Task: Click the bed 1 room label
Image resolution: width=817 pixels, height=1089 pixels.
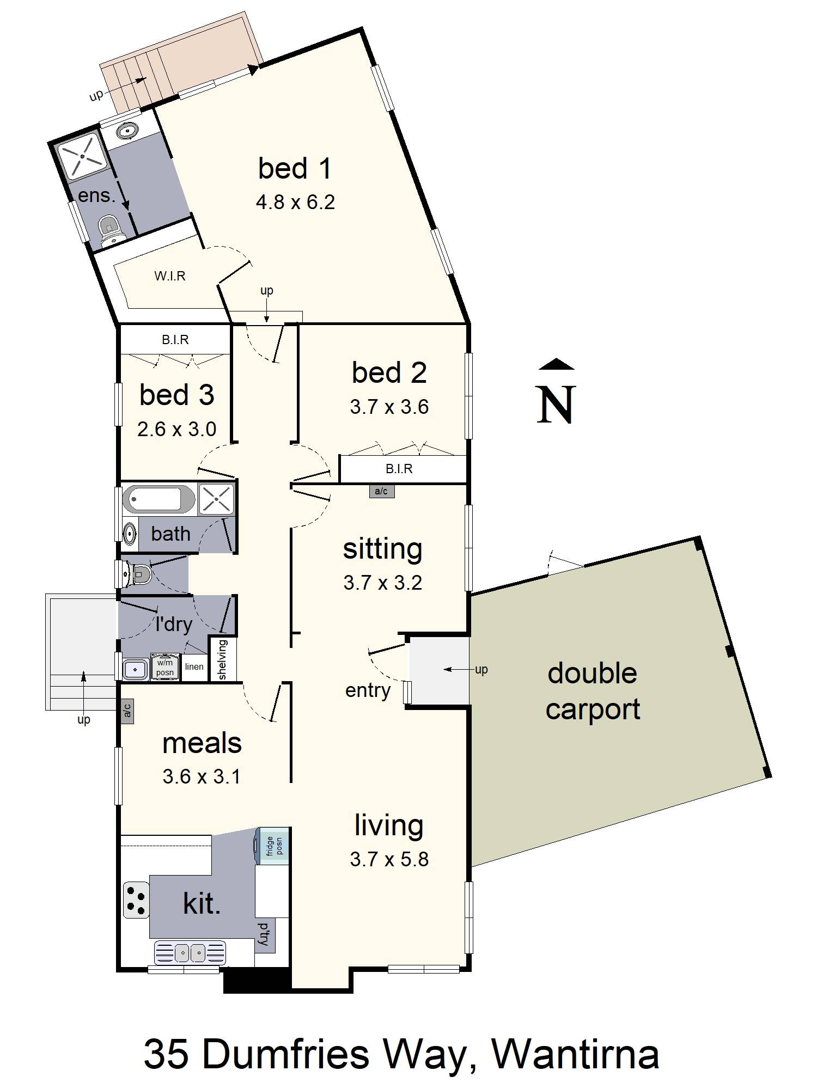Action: [295, 168]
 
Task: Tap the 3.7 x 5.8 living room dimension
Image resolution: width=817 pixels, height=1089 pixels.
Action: [389, 859]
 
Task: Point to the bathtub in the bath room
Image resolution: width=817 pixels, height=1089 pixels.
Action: [158, 499]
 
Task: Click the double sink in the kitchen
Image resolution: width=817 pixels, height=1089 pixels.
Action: [190, 953]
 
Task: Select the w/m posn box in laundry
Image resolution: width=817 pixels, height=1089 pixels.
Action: [165, 667]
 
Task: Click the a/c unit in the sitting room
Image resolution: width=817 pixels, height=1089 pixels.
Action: [381, 491]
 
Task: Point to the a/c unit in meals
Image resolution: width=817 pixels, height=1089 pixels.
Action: [127, 711]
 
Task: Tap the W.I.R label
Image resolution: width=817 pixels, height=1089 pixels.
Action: [170, 276]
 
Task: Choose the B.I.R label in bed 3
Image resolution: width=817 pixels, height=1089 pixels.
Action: [175, 340]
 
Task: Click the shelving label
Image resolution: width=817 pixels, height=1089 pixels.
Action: [222, 659]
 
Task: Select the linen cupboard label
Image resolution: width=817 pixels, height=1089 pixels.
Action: [194, 666]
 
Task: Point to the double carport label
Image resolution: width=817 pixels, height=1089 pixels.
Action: [593, 691]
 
